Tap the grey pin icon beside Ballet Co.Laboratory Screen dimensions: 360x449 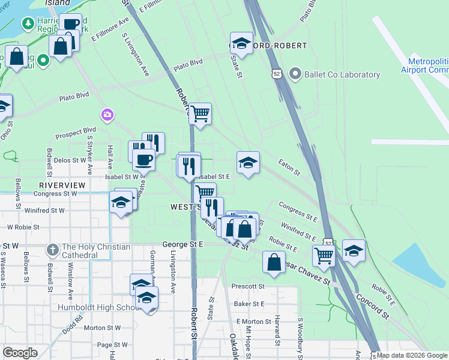(x=295, y=74)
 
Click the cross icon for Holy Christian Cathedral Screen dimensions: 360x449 (x=52, y=248)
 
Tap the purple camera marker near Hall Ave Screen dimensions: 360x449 (x=107, y=115)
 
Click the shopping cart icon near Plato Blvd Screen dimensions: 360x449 (x=200, y=113)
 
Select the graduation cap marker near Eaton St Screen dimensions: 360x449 (x=248, y=162)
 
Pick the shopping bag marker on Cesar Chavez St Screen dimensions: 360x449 (x=274, y=262)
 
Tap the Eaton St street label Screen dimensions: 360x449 (x=289, y=167)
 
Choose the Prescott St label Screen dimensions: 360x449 (x=250, y=286)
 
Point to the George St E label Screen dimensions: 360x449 (x=183, y=245)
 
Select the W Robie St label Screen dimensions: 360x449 (x=23, y=227)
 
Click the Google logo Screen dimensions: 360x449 (x=20, y=353)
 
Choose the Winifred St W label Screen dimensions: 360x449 (x=48, y=211)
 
